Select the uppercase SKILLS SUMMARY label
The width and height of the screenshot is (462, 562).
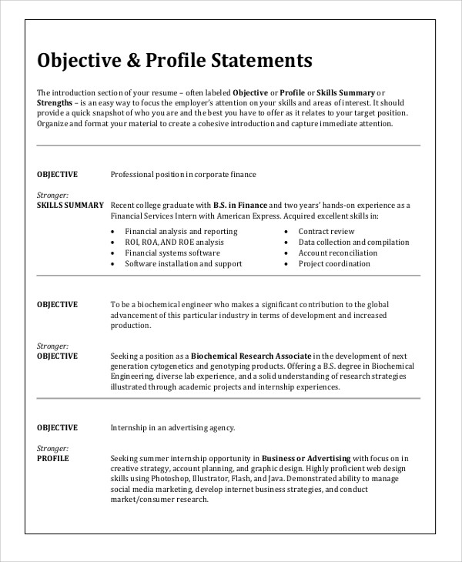tap(70, 206)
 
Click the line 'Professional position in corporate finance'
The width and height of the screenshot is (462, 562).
tap(183, 175)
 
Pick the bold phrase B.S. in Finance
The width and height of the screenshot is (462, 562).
tap(240, 206)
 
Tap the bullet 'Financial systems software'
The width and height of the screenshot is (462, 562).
tap(172, 253)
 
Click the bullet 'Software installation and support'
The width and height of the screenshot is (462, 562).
tap(183, 263)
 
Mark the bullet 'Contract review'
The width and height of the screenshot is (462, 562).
tap(326, 231)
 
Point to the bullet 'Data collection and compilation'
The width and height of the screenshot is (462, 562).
tap(353, 242)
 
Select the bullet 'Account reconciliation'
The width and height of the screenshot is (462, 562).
tap(338, 253)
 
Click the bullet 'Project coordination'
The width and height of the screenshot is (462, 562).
tap(335, 263)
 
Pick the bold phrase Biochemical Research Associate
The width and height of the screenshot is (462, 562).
tap(251, 356)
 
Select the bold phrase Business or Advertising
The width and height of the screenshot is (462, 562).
tap(306, 458)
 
